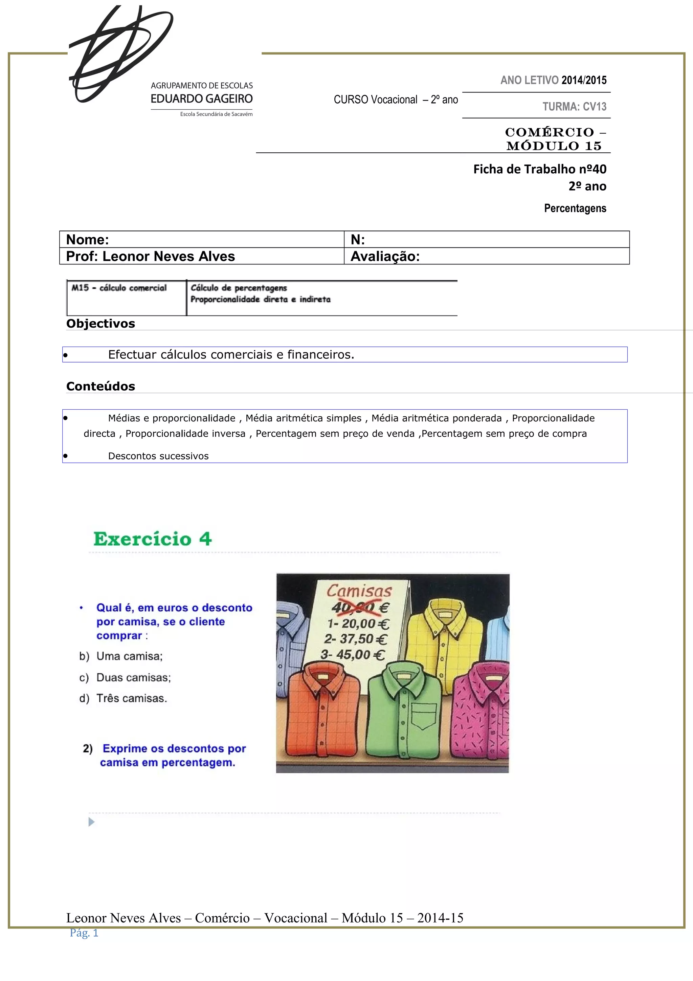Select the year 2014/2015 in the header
coord(584,80)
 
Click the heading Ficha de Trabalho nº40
coord(539,169)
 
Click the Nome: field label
coord(88,240)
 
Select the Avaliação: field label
coord(385,256)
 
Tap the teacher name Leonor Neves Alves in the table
coord(169,256)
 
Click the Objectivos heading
coord(100,323)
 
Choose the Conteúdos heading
coord(100,386)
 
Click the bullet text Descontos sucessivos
coord(158,456)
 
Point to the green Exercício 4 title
coord(152,539)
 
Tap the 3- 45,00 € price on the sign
coord(353,655)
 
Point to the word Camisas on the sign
coord(359,591)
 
